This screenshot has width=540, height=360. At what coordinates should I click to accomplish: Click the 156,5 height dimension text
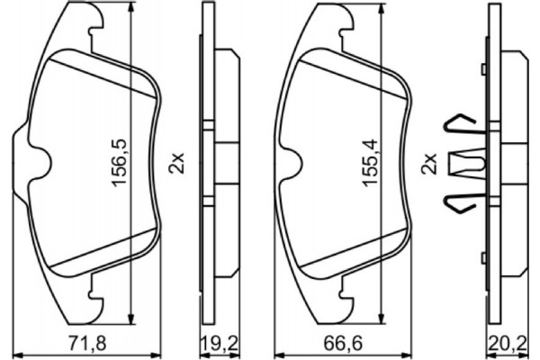[117, 162]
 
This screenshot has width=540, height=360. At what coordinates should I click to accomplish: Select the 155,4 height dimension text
[368, 162]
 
